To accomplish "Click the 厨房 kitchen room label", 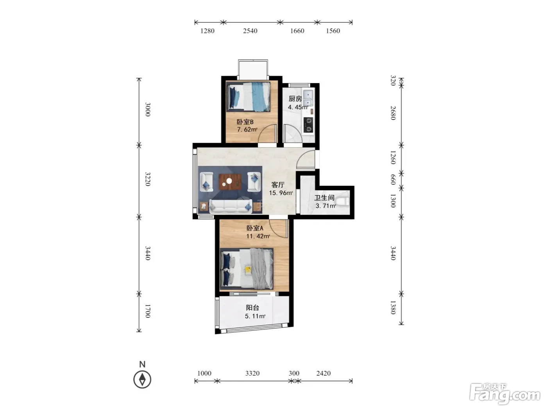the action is coord(295,99).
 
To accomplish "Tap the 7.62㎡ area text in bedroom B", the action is coord(247,130).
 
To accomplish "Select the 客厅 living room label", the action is coord(278,185).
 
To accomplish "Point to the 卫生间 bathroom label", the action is coord(324,198).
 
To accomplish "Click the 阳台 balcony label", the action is coord(252,308).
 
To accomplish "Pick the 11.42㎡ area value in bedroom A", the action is coord(258,236).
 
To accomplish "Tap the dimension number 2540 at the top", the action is coord(250,31).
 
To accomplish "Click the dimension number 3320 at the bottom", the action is coord(252,373).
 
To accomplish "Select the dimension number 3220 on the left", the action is coord(148,179).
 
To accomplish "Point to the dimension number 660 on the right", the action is coord(393,180).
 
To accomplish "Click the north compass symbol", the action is coord(142,379).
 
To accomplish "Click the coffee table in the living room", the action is coord(230,182).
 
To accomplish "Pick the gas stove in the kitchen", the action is coord(309,125).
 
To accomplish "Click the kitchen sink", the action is coord(308,98).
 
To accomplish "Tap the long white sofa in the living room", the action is coord(231,206).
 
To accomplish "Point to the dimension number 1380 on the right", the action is coord(393,307).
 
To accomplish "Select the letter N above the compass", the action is coord(142,364).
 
